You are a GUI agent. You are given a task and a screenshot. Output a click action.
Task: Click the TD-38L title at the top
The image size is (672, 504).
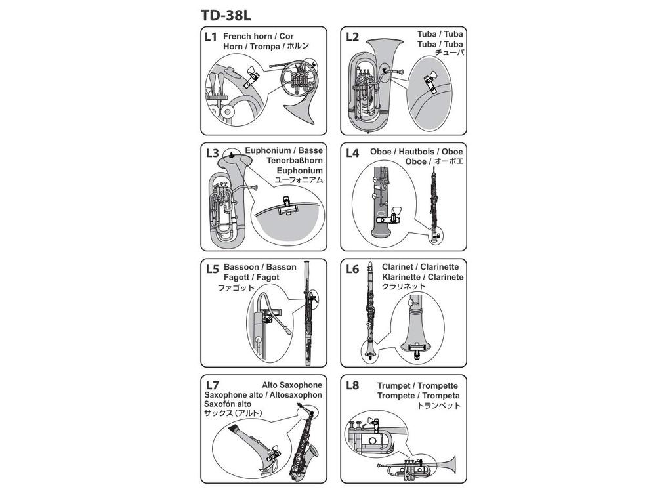click(226, 14)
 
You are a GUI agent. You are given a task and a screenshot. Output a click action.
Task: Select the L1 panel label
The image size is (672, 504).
click(211, 37)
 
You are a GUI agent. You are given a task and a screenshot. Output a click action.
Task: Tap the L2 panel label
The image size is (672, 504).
click(352, 37)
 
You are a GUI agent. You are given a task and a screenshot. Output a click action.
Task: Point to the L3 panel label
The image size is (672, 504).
click(212, 154)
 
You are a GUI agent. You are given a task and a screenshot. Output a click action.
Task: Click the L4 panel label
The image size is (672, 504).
click(352, 154)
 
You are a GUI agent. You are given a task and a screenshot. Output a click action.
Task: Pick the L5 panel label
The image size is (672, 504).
click(212, 268)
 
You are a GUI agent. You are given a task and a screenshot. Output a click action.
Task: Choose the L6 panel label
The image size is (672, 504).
click(352, 268)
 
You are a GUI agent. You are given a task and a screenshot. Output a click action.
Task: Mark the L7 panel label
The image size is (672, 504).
click(212, 385)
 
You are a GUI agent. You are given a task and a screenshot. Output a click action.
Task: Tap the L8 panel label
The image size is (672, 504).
click(352, 385)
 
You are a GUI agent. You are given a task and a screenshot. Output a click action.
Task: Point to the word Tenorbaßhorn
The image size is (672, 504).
click(295, 160)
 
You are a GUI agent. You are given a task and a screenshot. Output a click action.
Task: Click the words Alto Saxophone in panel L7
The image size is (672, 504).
click(292, 385)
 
